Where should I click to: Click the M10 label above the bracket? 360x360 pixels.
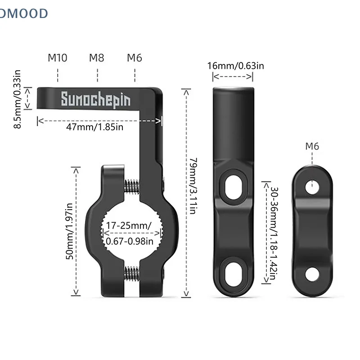click(58, 58)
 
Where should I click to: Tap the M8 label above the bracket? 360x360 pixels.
click(96, 58)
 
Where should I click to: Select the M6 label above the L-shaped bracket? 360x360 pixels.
click(135, 58)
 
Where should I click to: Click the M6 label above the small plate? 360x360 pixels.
click(312, 146)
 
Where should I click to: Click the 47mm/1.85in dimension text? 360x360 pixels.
click(94, 127)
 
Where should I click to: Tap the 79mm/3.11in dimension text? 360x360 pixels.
click(193, 185)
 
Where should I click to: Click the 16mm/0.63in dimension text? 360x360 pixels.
click(235, 66)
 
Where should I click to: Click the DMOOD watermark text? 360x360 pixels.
click(23, 13)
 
